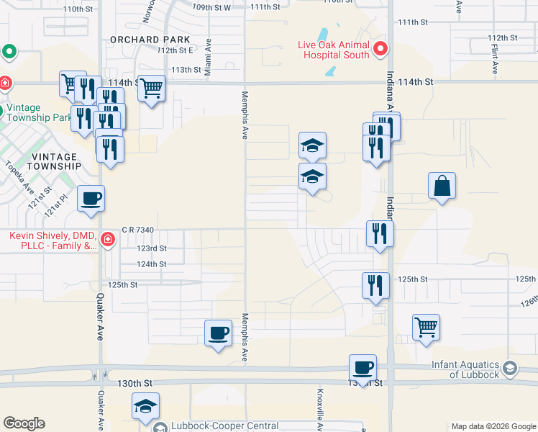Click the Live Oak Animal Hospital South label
(x=334, y=50)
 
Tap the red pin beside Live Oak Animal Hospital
(x=380, y=50)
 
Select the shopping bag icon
(x=442, y=186)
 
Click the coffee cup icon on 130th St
(x=363, y=368)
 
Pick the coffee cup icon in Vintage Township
(x=91, y=198)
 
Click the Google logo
(x=24, y=423)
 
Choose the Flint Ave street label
(x=495, y=63)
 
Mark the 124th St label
(x=152, y=264)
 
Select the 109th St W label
(x=211, y=7)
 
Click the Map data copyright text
(x=493, y=426)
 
